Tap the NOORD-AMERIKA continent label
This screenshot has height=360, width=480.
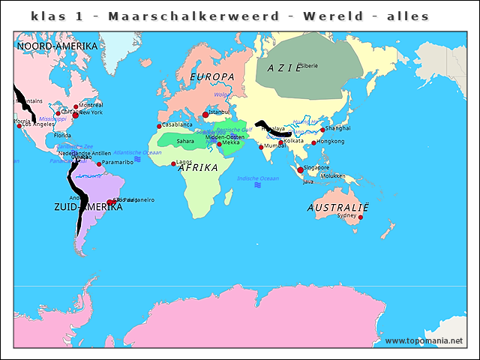(x=57, y=46)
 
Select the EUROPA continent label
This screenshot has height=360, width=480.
(x=212, y=77)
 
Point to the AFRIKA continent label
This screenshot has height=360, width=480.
(x=198, y=168)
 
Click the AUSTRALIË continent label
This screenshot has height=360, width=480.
(x=338, y=207)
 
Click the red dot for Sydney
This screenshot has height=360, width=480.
(x=360, y=217)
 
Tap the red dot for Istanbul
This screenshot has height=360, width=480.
(x=205, y=115)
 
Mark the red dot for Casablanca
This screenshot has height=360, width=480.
(x=159, y=126)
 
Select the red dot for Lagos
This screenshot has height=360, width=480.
(x=173, y=163)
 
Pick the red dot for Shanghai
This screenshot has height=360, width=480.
(x=322, y=130)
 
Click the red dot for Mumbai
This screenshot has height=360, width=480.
(x=261, y=146)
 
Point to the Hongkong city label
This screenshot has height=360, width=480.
(x=331, y=141)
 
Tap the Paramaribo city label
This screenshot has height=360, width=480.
(x=118, y=162)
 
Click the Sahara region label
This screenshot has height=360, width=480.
(x=185, y=141)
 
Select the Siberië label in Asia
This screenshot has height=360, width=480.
(x=308, y=66)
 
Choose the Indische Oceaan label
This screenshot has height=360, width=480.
(x=257, y=178)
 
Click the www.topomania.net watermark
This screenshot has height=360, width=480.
(x=424, y=341)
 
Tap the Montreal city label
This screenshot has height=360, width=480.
(x=91, y=105)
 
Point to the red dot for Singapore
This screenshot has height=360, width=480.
(x=301, y=170)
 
